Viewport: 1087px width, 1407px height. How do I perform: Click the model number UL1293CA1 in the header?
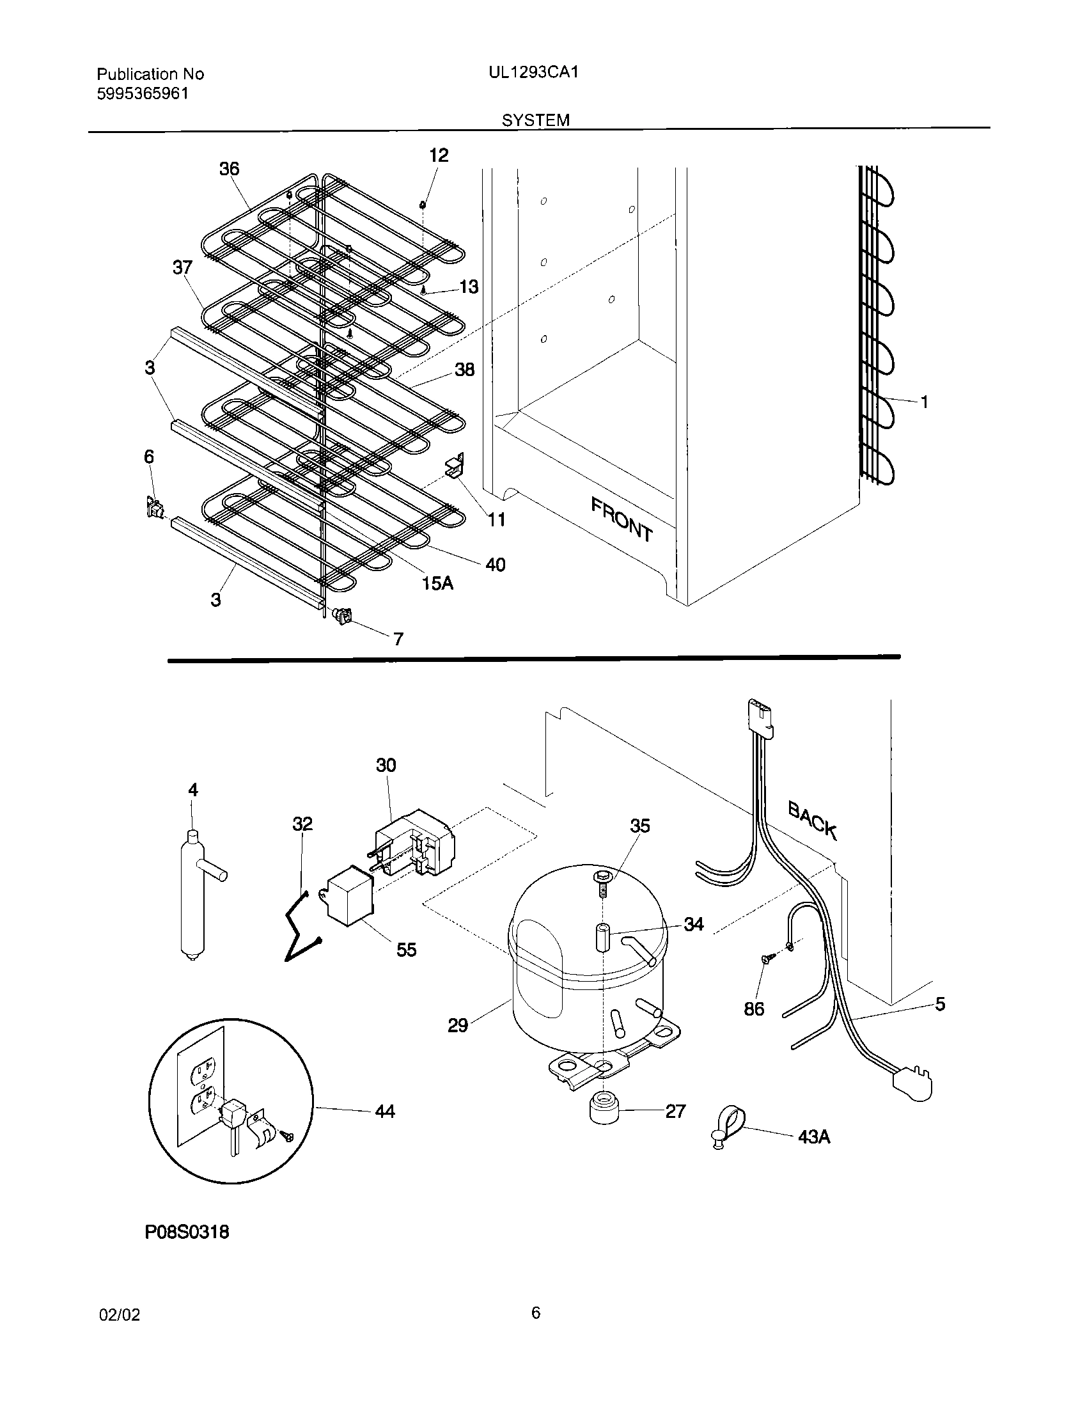click(533, 73)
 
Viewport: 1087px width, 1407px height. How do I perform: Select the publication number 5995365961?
click(143, 94)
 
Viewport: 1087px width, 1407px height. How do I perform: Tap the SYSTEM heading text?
click(536, 120)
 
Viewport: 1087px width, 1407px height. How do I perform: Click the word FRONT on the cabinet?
click(622, 519)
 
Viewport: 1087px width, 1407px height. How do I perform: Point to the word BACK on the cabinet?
click(813, 820)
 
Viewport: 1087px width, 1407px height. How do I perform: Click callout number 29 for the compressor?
click(458, 1025)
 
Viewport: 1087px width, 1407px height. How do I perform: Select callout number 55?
click(406, 950)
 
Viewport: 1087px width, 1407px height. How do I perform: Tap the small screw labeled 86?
click(766, 977)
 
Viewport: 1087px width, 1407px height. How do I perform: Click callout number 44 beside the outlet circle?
click(384, 1112)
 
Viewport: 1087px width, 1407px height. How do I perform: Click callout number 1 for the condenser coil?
click(924, 402)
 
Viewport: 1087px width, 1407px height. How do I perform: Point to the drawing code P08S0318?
click(187, 1232)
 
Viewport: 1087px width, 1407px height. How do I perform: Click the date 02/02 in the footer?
click(119, 1315)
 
